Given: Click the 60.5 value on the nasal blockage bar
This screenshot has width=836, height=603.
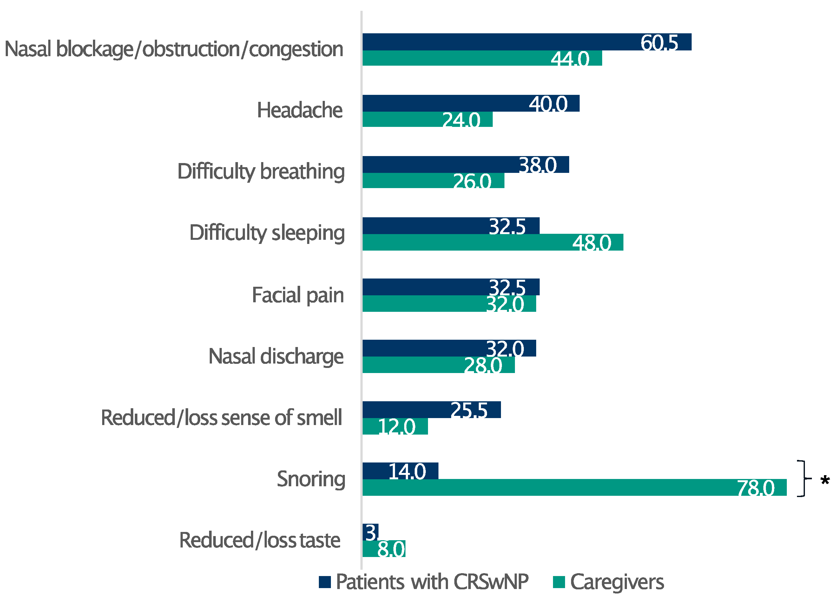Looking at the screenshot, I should pos(659,43).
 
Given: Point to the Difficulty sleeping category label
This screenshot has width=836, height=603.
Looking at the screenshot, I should pos(267,233).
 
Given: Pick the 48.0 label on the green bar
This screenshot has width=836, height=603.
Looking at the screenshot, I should pos(591,243).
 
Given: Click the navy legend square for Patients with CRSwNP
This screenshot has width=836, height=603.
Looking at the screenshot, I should pos(325,582).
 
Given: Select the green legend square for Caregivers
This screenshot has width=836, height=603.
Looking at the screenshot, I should pos(559,582).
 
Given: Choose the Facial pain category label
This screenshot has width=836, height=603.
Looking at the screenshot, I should pos(298,295).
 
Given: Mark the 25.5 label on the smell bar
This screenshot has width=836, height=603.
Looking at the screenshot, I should pos(469,410).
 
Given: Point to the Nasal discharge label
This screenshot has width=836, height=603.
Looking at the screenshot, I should pos(276,357).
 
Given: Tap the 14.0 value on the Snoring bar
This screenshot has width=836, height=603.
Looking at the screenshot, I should pos(407,471).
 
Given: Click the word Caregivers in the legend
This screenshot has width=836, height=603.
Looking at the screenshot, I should pos(617,582).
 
